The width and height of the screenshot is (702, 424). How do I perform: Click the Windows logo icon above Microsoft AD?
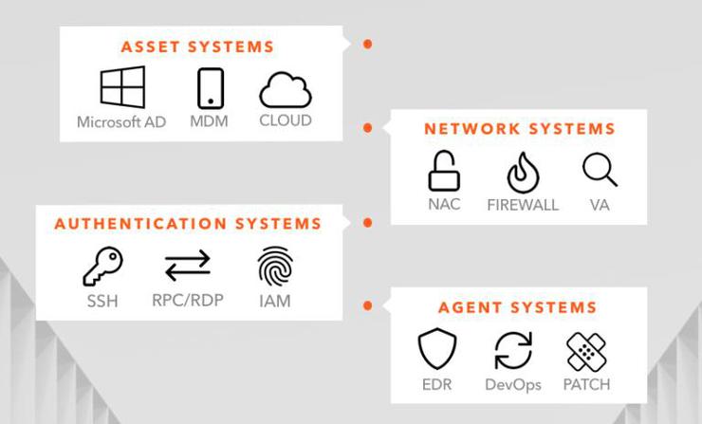tap(122, 87)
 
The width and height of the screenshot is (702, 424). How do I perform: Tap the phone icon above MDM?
tap(210, 88)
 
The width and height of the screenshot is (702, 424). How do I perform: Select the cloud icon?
tap(286, 90)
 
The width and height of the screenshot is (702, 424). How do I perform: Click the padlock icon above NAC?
tap(442, 172)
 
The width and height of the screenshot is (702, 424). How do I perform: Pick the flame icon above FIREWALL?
tap(522, 172)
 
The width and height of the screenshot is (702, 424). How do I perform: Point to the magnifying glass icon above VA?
tap(600, 170)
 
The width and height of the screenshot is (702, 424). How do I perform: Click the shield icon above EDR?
tap(437, 350)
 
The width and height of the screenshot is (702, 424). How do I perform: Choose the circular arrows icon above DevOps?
tap(512, 350)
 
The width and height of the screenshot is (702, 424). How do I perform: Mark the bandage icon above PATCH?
tap(585, 350)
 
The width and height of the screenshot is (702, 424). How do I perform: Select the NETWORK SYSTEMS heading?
tap(519, 129)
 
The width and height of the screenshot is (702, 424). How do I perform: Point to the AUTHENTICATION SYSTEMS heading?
tap(188, 225)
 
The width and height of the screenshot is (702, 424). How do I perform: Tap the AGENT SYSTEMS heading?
tap(517, 307)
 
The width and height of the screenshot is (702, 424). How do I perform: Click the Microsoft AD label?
tap(121, 122)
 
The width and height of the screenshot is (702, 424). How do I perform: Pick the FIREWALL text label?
tap(523, 205)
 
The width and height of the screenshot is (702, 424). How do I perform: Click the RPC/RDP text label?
tap(188, 302)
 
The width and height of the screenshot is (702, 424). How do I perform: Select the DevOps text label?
tap(512, 384)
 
